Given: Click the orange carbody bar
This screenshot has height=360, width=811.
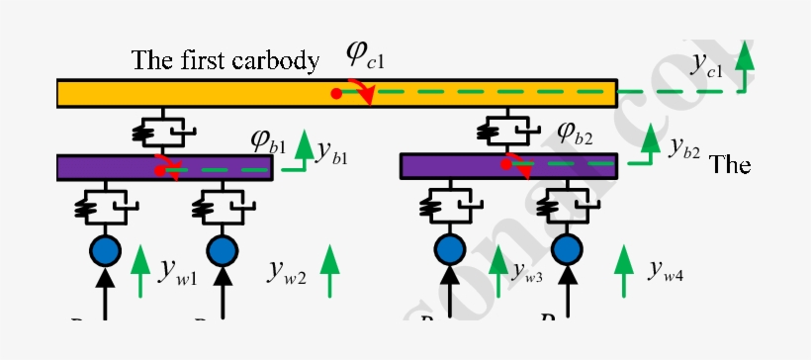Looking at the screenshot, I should [198, 94].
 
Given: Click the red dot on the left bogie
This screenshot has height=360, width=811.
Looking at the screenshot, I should [159, 171].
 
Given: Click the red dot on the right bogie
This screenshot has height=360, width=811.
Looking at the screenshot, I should [506, 164].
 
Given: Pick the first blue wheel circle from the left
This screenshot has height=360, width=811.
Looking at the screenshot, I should [104, 247].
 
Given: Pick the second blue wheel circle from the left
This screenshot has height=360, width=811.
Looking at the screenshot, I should [223, 247].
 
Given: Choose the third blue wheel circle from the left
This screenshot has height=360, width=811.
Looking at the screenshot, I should [451, 247].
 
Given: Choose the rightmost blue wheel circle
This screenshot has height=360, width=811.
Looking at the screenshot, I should [566, 247].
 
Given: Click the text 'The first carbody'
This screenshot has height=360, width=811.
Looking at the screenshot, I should [225, 60].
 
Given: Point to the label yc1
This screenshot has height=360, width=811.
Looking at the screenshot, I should [707, 66].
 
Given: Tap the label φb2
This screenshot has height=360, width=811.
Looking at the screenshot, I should [575, 131].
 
